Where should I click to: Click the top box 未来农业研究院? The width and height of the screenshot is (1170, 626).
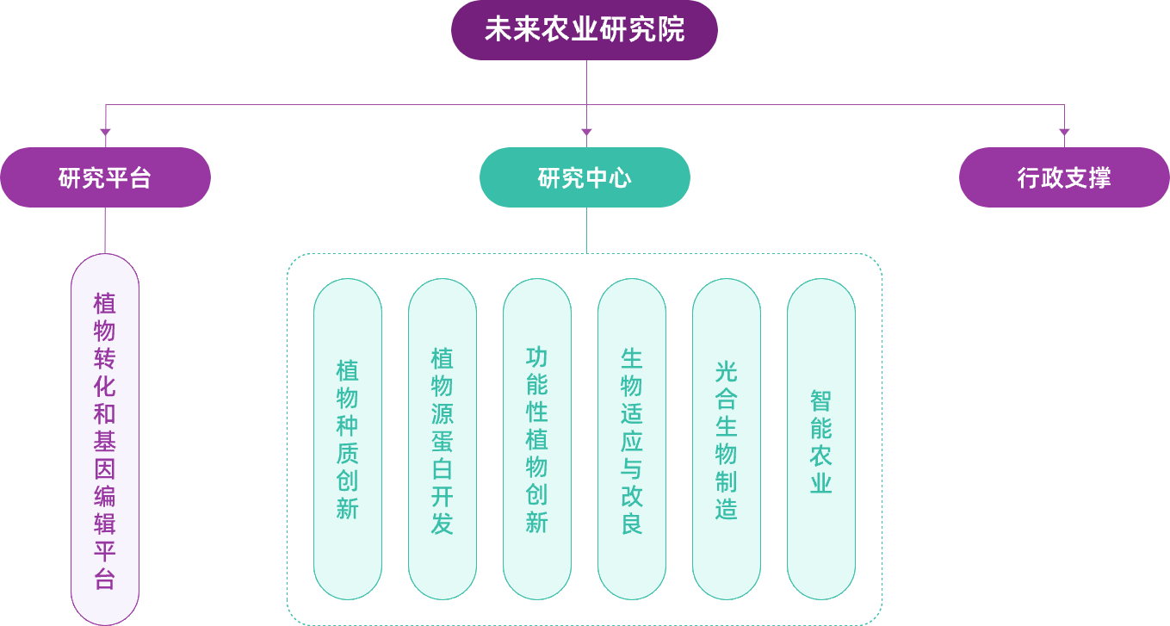click(585, 30)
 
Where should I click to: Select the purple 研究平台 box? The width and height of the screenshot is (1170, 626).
click(105, 177)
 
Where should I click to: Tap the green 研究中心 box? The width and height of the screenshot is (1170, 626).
click(585, 177)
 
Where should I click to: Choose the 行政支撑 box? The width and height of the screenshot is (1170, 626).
click(1064, 177)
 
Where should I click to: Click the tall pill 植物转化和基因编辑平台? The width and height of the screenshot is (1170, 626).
click(105, 439)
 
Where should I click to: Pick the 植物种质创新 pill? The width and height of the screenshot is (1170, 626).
click(347, 439)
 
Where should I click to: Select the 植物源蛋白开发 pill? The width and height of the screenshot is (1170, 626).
click(442, 439)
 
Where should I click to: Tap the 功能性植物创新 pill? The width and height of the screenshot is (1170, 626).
click(536, 439)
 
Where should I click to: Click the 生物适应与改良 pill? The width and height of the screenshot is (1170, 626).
click(631, 439)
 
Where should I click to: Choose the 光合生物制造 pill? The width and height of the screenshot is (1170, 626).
click(726, 439)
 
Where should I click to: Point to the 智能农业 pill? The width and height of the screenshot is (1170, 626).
click(820, 439)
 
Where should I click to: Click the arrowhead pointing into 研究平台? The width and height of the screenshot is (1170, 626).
click(105, 133)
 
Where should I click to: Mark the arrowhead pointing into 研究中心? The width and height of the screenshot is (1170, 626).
click(586, 133)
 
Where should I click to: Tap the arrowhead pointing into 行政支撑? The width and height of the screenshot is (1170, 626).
click(1064, 133)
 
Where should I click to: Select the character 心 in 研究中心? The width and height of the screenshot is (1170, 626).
click(620, 178)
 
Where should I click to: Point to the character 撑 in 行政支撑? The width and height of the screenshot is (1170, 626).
click(1099, 178)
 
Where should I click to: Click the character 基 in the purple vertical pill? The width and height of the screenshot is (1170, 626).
click(105, 441)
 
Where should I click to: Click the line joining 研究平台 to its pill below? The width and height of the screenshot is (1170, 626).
click(105, 230)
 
